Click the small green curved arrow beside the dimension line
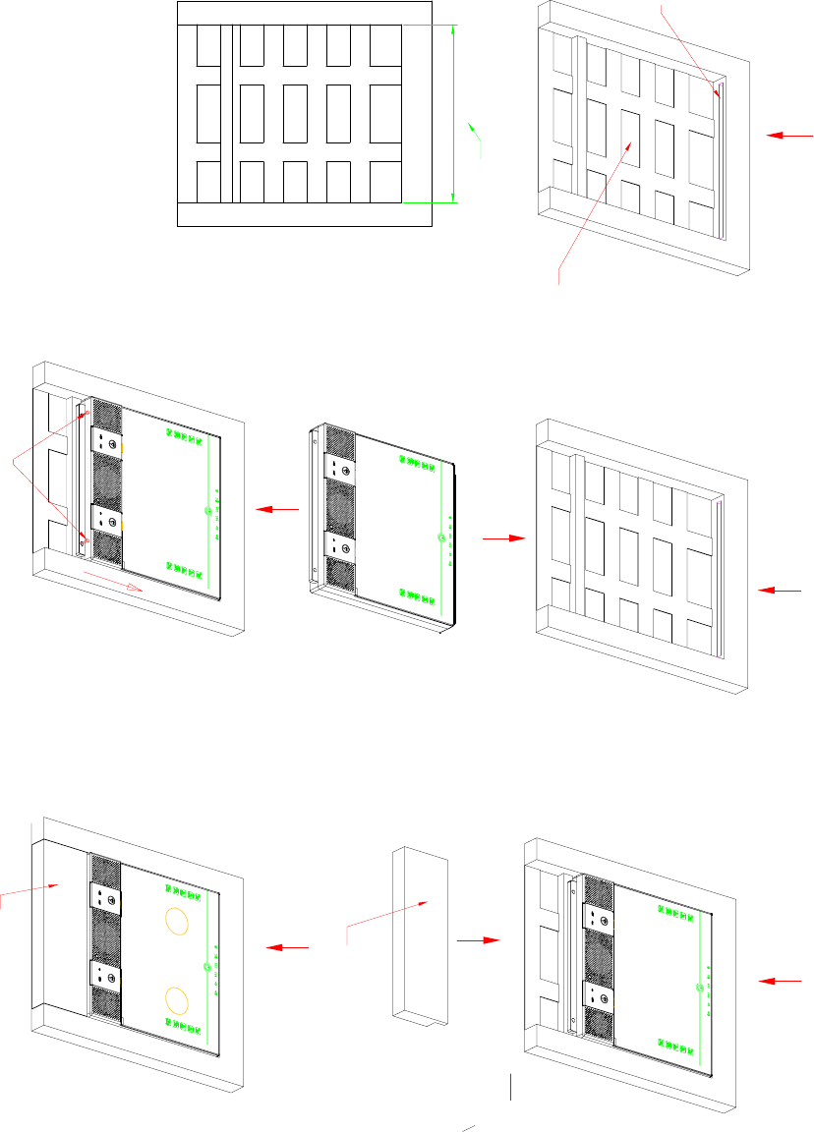click(x=477, y=138)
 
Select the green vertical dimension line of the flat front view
click(x=453, y=113)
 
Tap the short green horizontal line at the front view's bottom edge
click(x=431, y=202)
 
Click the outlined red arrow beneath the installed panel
click(x=114, y=582)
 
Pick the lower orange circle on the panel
click(x=177, y=1000)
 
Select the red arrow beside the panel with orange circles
click(x=289, y=947)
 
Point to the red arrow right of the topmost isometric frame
click(x=790, y=135)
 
